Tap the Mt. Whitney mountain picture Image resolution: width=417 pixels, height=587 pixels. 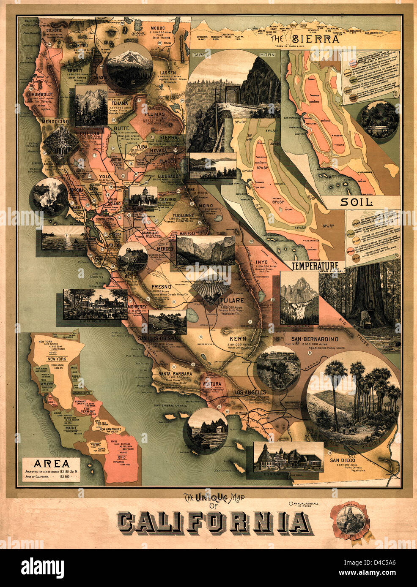[299, 298]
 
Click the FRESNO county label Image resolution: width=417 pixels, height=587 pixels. [161, 286]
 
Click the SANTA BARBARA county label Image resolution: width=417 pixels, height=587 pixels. [176, 374]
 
